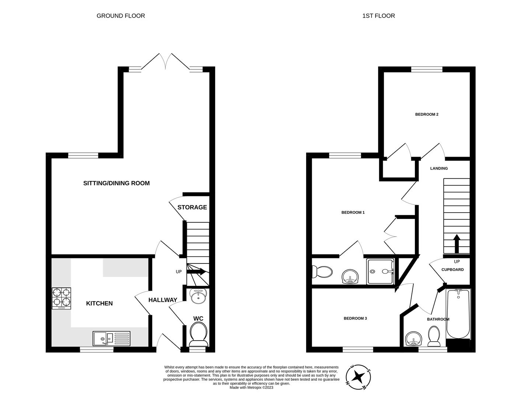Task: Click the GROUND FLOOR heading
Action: [120, 16]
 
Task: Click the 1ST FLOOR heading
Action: [378, 16]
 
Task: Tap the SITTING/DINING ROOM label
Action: [116, 183]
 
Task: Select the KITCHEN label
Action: [99, 303]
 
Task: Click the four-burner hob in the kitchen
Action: [61, 298]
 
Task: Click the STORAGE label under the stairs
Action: [192, 207]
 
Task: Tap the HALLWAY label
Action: [162, 300]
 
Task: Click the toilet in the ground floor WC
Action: [198, 333]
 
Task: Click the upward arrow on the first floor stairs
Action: [457, 244]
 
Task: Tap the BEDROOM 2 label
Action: [427, 114]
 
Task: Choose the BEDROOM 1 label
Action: [353, 212]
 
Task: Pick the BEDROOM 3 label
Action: [355, 318]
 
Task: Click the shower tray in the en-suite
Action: [380, 272]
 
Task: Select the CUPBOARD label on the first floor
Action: [452, 269]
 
